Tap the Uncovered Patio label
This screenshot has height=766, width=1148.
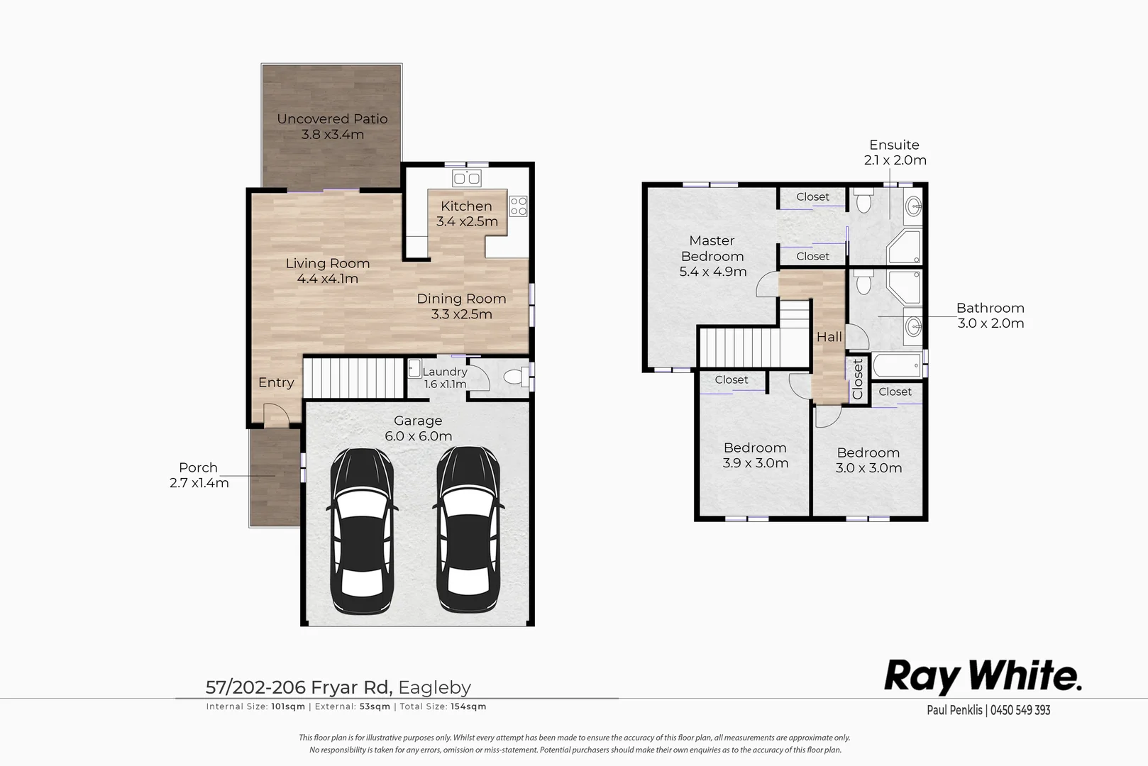click(332, 119)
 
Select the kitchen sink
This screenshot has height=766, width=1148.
click(466, 177)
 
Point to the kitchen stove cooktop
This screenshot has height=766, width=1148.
click(519, 206)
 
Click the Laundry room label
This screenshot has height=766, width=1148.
click(445, 372)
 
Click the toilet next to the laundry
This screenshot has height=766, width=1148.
click(514, 377)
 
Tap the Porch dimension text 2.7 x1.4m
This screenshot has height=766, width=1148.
click(199, 483)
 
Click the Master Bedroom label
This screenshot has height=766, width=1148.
click(712, 248)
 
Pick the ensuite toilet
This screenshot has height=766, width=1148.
click(863, 203)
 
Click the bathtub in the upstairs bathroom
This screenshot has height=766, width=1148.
click(897, 367)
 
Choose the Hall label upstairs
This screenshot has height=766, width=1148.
click(829, 337)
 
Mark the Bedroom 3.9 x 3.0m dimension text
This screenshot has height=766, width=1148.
click(755, 463)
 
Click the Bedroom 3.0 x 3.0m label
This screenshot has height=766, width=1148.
click(868, 453)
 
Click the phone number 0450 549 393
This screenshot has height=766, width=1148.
click(1020, 710)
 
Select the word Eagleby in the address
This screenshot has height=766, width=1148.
click(434, 687)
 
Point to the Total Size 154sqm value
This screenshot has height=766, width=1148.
click(468, 706)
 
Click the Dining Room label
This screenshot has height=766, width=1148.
click(461, 299)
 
